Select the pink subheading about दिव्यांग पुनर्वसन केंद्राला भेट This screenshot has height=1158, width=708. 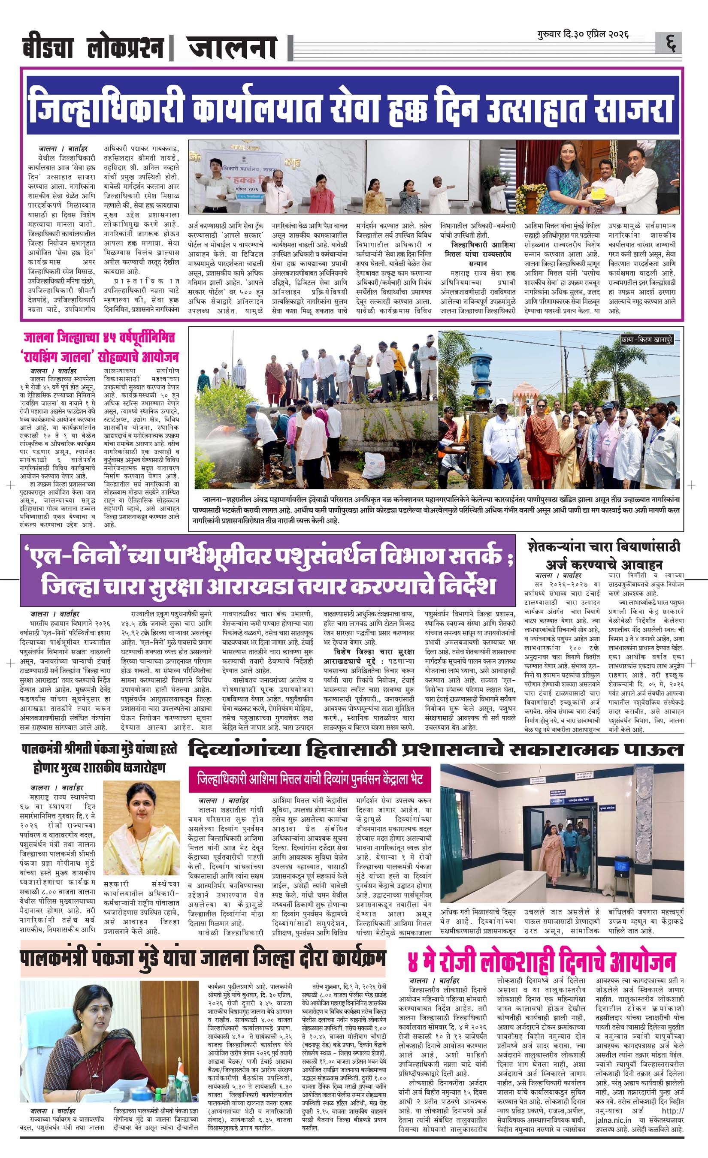(310, 779)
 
